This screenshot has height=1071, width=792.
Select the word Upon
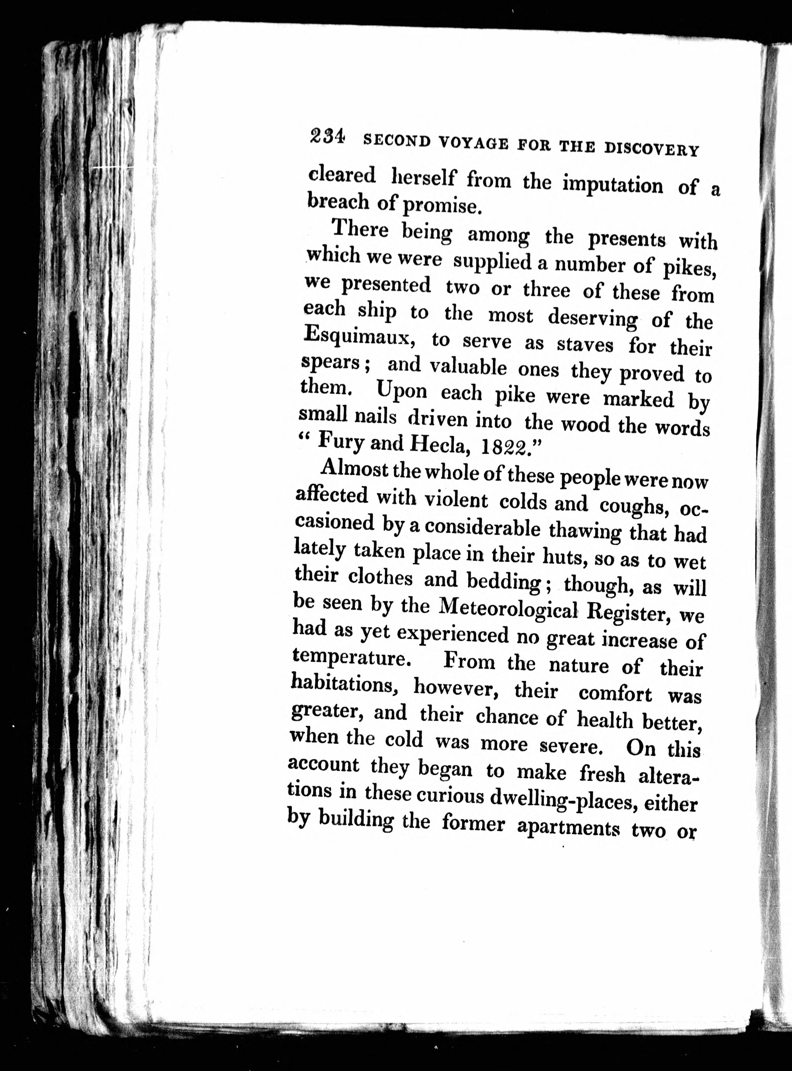(402, 390)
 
